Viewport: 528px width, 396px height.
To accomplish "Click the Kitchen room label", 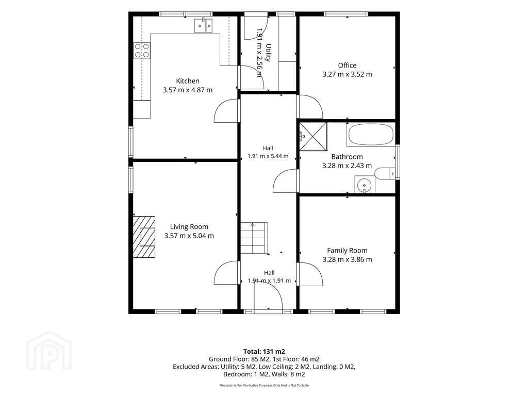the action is click(188, 81).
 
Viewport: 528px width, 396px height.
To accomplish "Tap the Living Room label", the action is click(189, 227).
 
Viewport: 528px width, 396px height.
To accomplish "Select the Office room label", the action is click(347, 65).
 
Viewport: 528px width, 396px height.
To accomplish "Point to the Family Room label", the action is click(347, 251).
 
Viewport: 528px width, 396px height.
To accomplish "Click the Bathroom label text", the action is click(347, 157).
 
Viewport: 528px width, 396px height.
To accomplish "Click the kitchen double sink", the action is click(203, 25).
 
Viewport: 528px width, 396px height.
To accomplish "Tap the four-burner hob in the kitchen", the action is click(142, 51).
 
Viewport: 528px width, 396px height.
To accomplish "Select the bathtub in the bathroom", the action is click(370, 134).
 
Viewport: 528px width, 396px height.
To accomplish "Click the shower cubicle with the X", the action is click(313, 136).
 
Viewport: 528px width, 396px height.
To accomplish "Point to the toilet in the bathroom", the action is click(385, 174).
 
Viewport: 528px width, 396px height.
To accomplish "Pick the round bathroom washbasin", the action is click(365, 185).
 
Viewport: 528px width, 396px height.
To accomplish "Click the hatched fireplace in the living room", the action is click(144, 237).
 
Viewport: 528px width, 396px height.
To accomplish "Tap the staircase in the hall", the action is click(254, 238).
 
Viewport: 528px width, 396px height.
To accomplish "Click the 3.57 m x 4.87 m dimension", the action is click(188, 90).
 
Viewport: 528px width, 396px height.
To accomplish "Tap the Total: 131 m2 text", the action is click(264, 352).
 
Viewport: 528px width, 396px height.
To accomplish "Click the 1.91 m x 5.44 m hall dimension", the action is click(268, 156).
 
